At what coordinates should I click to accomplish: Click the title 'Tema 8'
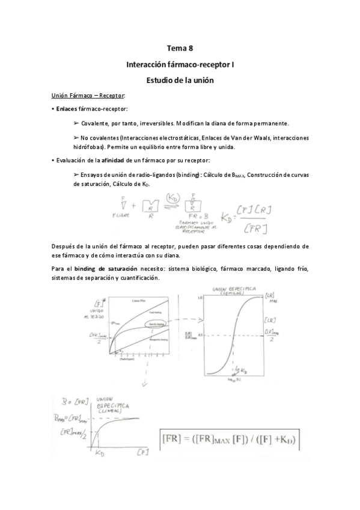click(x=180, y=48)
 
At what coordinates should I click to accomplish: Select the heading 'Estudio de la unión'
click(x=180, y=79)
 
